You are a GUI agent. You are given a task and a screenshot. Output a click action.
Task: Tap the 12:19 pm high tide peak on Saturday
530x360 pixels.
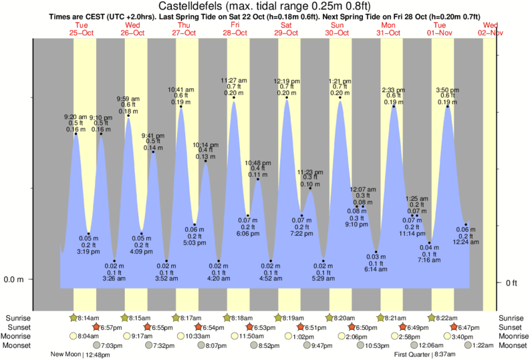click(287, 98)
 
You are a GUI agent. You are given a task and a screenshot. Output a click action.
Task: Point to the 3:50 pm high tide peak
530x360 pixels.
click(448, 106)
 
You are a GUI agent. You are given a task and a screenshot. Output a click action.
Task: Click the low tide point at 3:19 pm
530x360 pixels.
click(88, 234)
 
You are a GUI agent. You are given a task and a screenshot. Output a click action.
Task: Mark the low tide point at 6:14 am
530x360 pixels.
click(376, 251)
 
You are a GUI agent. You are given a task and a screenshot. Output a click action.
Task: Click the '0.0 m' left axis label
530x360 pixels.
click(14, 279)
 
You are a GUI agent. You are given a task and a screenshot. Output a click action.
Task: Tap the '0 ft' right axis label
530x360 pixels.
click(511, 283)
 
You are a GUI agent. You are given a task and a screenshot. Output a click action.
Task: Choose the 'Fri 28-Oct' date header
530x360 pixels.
click(235, 28)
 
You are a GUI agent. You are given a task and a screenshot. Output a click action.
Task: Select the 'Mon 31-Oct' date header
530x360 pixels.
click(389, 28)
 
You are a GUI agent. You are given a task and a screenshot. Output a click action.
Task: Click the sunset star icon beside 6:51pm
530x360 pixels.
click(302, 327)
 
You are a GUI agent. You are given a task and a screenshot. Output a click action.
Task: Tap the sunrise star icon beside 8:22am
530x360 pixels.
click(432, 317)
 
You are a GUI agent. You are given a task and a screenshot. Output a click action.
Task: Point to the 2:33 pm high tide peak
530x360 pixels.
click(394, 106)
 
